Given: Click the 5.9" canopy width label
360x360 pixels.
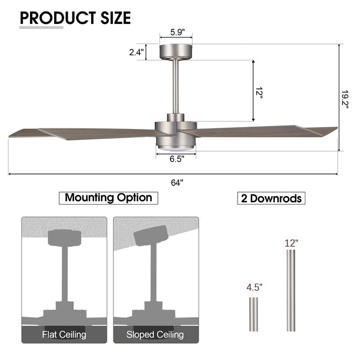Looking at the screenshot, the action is click(177, 32).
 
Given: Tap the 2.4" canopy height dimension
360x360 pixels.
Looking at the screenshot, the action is click(136, 52).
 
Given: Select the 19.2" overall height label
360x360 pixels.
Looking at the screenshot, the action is click(344, 99).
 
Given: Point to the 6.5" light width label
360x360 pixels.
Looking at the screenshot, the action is click(177, 158).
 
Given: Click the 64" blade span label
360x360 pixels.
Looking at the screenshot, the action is click(177, 183).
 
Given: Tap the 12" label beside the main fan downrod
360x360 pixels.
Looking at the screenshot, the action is click(259, 92).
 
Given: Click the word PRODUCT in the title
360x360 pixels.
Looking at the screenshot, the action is click(58, 18).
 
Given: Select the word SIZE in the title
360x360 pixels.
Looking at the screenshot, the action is click(115, 18).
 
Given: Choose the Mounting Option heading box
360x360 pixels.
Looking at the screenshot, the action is click(109, 198).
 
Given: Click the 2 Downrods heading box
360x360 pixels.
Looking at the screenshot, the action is click(271, 198).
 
